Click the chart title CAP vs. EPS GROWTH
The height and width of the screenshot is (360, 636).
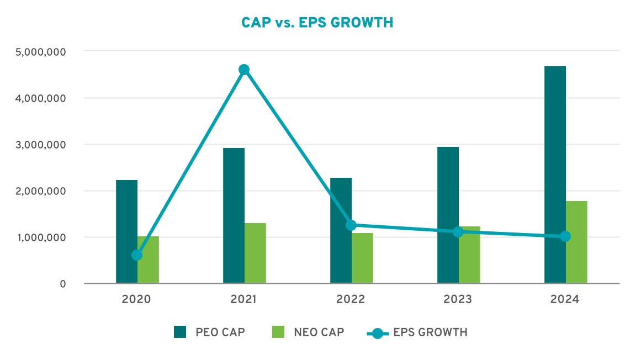coord(317,23)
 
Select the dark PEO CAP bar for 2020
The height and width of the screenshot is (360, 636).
coord(126,232)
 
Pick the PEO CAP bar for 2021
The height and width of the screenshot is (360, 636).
coord(234,215)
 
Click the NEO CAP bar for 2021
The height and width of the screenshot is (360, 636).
coord(255,253)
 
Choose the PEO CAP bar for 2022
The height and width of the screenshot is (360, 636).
coord(341,231)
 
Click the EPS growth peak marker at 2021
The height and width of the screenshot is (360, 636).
coord(244,70)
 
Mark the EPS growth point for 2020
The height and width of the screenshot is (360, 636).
coord(137,255)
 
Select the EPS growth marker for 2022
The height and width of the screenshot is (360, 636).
coord(351,225)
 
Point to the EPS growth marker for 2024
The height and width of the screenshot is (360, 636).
coord(565,236)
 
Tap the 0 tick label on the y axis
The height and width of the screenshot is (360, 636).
coord(63,284)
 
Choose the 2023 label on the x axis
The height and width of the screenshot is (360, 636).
coord(458,300)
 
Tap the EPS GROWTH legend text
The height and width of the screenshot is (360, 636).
coord(431,332)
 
